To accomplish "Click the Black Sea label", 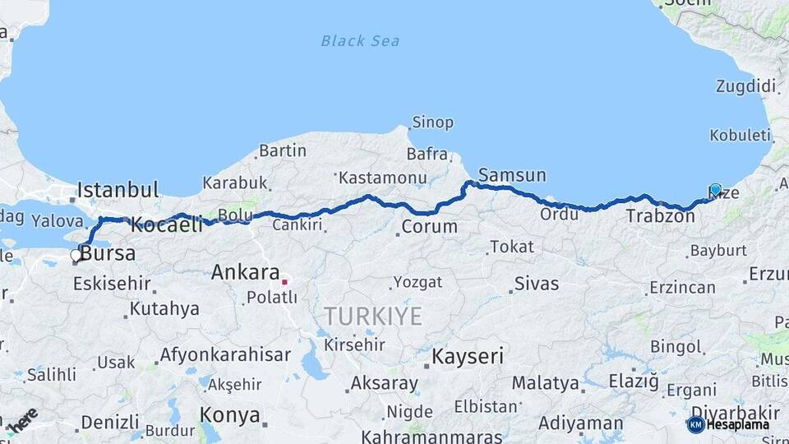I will click(x=360, y=40).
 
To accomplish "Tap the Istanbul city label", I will click(x=118, y=191).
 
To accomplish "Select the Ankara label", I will click(x=245, y=272).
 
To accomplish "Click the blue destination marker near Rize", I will click(x=715, y=190).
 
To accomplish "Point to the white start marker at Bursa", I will click(x=76, y=256).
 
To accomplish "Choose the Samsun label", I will click(x=512, y=175).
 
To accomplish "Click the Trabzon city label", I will click(x=660, y=217).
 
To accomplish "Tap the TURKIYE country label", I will click(x=372, y=316).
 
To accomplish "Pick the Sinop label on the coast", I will click(x=433, y=123).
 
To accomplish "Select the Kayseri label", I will click(x=468, y=357).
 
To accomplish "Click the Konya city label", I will click(x=230, y=414).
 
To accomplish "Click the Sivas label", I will click(x=536, y=284).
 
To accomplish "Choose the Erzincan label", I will click(x=682, y=287).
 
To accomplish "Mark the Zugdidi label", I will click(x=745, y=86).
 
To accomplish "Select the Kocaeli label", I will click(x=167, y=224).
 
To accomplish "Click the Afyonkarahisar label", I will click(x=225, y=355).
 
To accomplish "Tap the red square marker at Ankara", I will click(x=284, y=282).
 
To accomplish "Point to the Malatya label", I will click(x=545, y=382).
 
